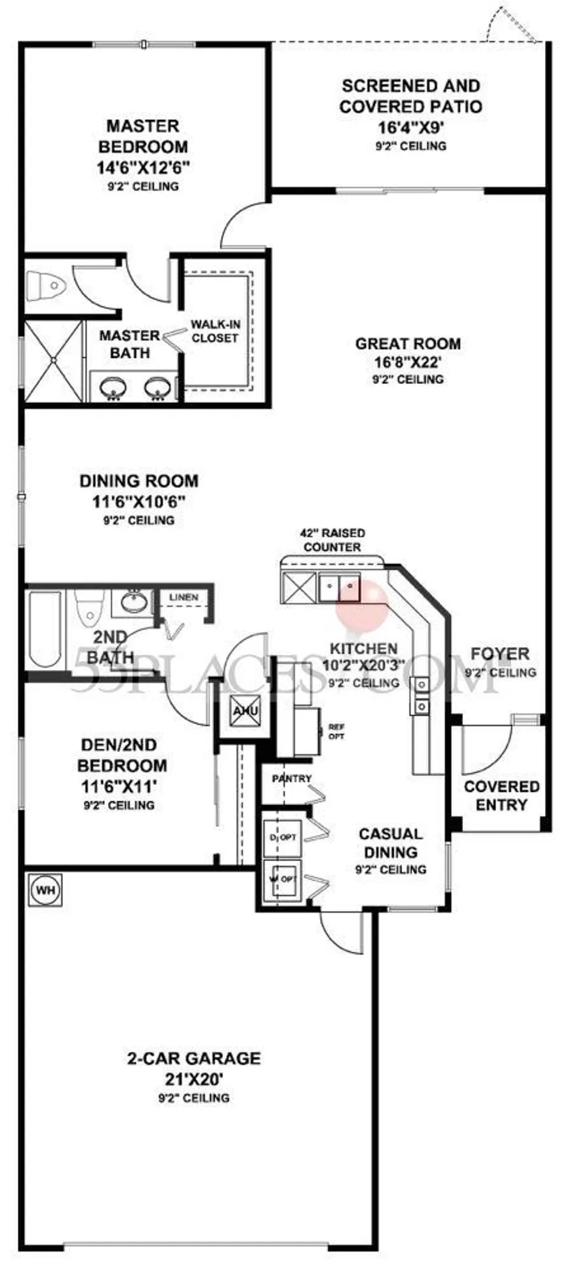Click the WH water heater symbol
[45, 890]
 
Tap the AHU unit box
[245, 711]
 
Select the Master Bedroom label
[143, 136]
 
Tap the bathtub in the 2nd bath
[44, 627]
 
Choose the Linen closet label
[184, 597]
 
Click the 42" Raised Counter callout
[332, 540]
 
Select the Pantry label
[292, 778]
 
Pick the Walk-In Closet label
[215, 331]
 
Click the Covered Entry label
[502, 795]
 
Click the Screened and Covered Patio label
[411, 96]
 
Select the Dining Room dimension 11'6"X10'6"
[138, 502]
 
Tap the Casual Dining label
[391, 843]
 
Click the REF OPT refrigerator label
[336, 732]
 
